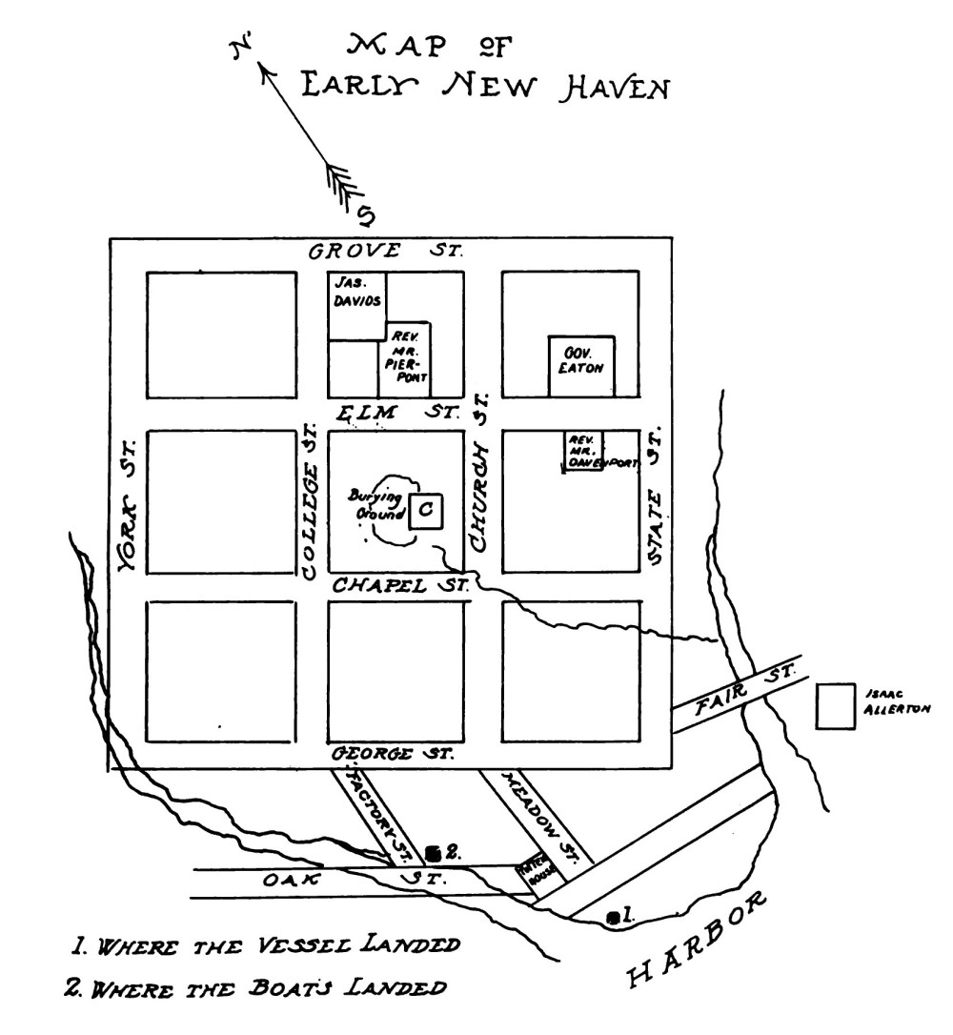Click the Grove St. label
point(386,253)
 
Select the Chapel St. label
point(400,586)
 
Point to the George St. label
point(393,755)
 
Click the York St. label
point(130,505)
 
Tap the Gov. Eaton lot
point(580,365)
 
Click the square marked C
point(426,509)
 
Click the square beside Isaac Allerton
point(836,707)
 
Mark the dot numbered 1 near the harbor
point(613,917)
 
